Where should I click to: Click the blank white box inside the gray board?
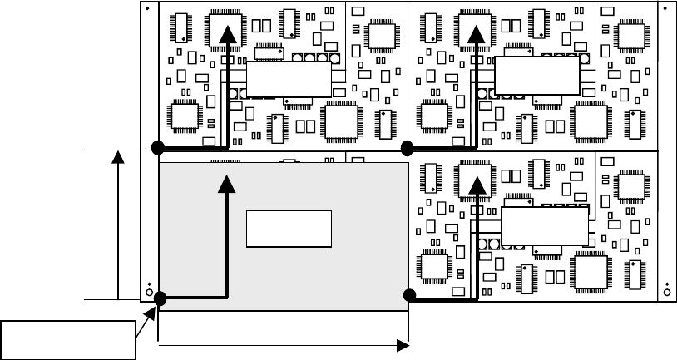click(x=289, y=229)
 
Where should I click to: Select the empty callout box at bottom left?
click(x=68, y=338)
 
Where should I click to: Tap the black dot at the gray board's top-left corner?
click(x=157, y=148)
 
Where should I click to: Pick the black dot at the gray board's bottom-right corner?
click(x=408, y=295)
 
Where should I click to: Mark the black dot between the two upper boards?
click(x=407, y=148)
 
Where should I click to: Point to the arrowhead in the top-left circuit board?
click(x=225, y=32)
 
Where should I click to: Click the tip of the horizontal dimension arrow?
click(x=405, y=343)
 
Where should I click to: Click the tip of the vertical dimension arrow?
click(x=120, y=155)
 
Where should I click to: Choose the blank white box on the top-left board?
click(x=288, y=79)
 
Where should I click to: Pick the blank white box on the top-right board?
click(x=536, y=76)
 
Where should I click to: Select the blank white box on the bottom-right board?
click(x=544, y=225)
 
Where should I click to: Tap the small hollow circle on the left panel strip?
click(x=149, y=293)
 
